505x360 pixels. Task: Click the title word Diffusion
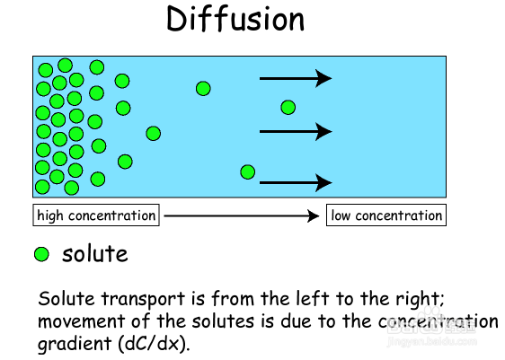tap(235, 20)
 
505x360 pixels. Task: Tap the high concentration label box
tap(96, 215)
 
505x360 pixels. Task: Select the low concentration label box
tap(386, 215)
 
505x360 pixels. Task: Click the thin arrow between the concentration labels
tap(242, 215)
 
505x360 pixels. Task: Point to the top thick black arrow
tap(296, 78)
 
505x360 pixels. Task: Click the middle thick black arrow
tap(296, 131)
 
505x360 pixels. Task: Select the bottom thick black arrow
tap(296, 182)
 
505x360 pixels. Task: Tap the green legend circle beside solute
tap(41, 254)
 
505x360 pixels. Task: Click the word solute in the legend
tap(95, 254)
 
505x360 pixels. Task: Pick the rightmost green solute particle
tap(288, 108)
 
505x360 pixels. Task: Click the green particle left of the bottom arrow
tap(248, 171)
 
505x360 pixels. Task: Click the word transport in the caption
tap(143, 299)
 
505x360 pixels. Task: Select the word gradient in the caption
tap(75, 344)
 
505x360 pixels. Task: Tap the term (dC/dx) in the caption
tap(154, 343)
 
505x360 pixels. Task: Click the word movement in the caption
tap(82, 321)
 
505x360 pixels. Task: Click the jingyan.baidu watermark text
tap(431, 341)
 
